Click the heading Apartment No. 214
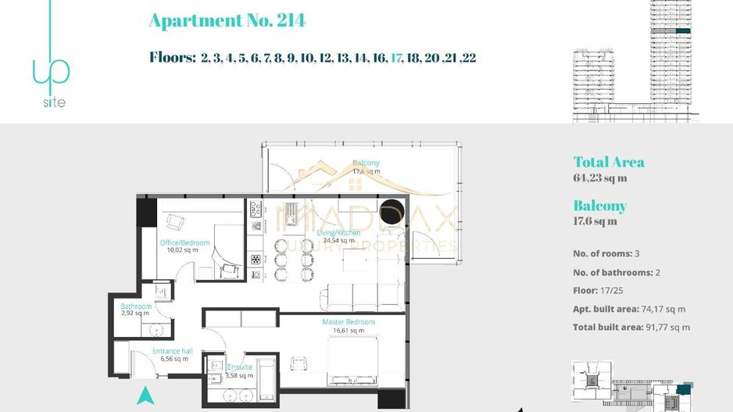pos(227,21)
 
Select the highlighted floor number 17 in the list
pos(396,58)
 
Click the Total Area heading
pos(609,163)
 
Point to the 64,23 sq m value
pos(600,178)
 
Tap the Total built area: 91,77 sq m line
pos(631,328)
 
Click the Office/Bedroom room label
pos(185,243)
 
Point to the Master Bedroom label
pos(349,322)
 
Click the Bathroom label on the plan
pos(136,306)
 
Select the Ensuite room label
pos(240,367)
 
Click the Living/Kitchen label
pos(338,233)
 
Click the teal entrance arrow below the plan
pos(145,396)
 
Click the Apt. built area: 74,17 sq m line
pos(629,309)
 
